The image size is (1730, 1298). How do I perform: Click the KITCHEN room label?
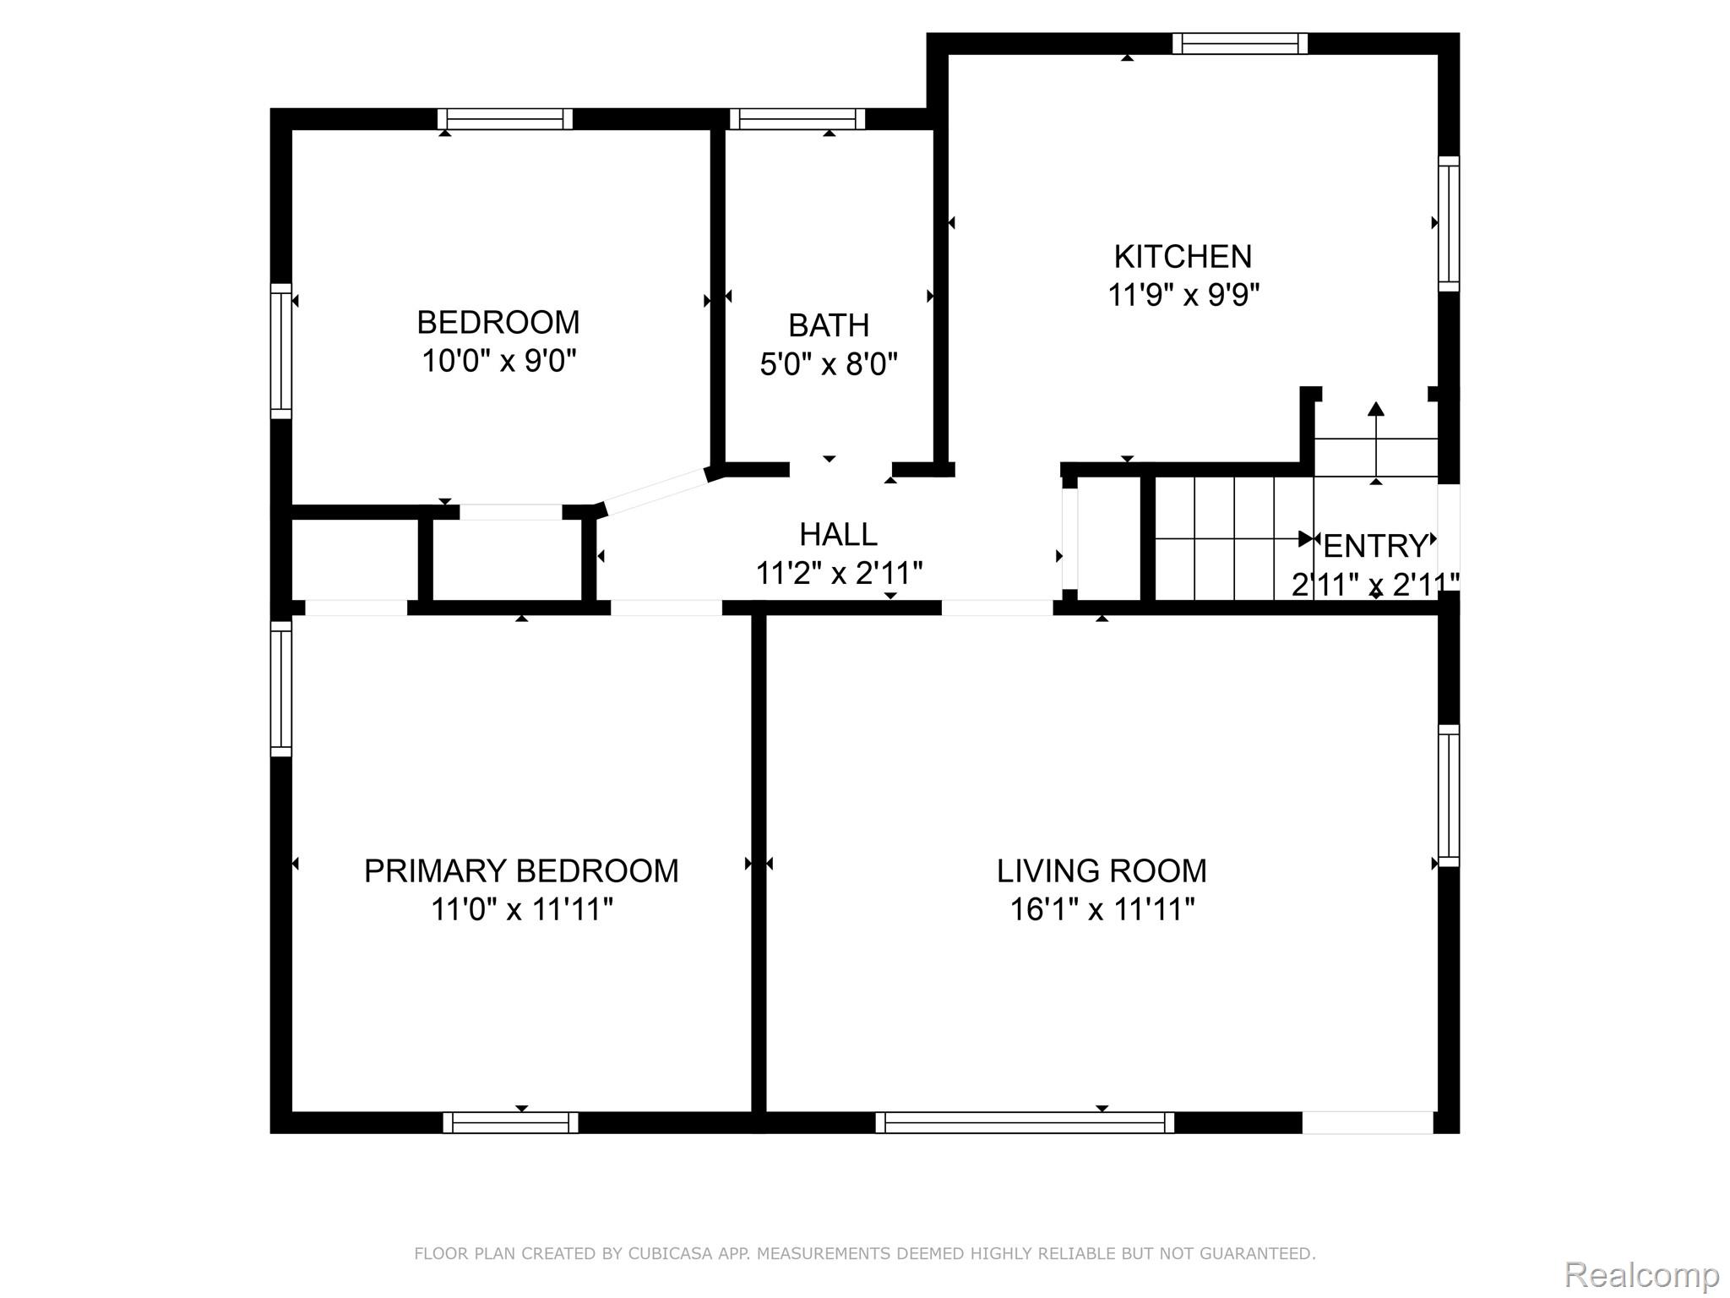1183,256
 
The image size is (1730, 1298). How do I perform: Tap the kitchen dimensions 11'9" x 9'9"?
1183,295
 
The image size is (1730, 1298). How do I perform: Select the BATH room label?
829,325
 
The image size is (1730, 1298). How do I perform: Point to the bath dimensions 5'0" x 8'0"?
829,364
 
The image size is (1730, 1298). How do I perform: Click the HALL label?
838,534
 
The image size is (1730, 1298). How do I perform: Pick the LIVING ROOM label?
1102,870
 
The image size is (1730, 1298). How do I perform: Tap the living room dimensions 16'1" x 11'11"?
1102,910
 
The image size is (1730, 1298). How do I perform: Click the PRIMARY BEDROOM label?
521,870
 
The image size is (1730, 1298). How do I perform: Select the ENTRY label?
1375,547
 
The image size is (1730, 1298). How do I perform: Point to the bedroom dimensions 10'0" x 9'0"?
498,361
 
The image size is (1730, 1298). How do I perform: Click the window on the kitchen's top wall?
1240,43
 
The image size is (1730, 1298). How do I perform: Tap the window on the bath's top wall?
797,119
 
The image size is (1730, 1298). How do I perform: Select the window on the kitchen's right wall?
1449,224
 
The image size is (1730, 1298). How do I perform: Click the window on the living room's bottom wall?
1025,1122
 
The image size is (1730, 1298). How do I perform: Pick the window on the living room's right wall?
1449,795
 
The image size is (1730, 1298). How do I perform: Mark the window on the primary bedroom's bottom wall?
510,1122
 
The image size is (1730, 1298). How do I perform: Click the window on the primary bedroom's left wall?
281,689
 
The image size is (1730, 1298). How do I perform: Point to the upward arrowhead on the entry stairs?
1376,408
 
